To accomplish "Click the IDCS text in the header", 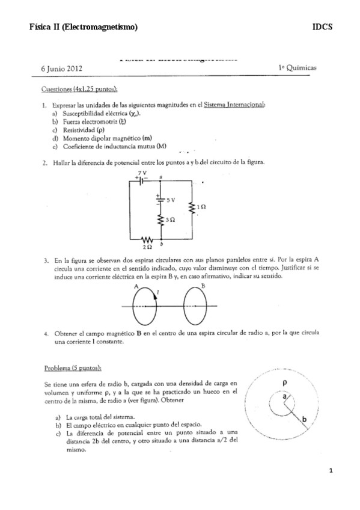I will pyautogui.click(x=322, y=27).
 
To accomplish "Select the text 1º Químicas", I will pyautogui.click(x=297, y=68).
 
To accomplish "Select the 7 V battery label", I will pyautogui.click(x=142, y=173).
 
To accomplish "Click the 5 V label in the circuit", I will pyautogui.click(x=171, y=199).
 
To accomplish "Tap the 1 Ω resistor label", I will pyautogui.click(x=201, y=207).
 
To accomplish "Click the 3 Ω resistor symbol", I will pyautogui.click(x=161, y=221).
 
